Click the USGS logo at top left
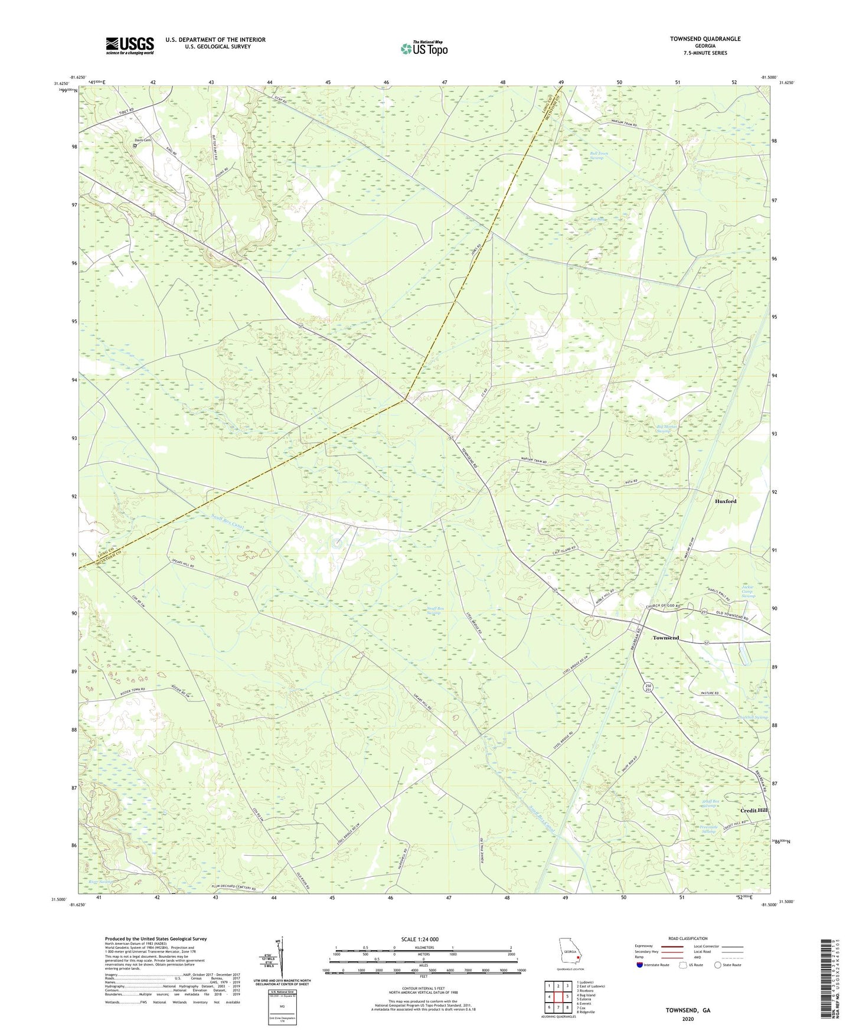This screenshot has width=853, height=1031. click(130, 45)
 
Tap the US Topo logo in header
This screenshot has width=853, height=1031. click(423, 48)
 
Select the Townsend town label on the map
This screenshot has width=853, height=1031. click(665, 638)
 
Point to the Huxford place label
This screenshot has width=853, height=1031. click(725, 501)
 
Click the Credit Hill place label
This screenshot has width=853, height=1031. click(754, 810)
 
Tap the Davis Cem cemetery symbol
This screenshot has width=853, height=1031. click(135, 145)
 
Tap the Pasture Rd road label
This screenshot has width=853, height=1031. click(709, 693)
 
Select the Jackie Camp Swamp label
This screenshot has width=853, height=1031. click(749, 591)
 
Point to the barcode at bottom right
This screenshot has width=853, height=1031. click(827, 980)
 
